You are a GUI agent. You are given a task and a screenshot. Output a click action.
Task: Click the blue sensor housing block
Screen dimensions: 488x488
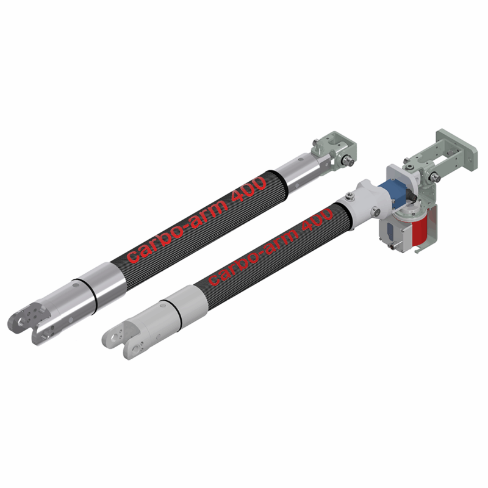[391, 192]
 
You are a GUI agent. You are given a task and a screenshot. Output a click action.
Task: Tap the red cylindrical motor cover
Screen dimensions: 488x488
[420, 225]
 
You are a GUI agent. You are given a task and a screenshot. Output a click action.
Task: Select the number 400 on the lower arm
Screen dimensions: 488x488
[316, 223]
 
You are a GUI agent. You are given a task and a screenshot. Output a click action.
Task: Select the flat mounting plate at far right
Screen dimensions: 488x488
[456, 149]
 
